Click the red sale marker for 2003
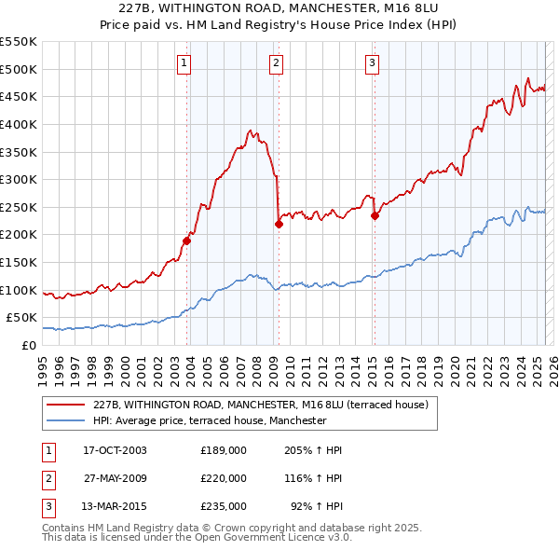186,241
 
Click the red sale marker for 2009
279,223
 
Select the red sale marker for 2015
375,215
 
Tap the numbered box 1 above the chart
184,63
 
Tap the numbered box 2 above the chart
278,63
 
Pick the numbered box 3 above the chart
372,63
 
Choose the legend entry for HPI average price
210,420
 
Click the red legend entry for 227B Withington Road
261,405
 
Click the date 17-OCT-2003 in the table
115,450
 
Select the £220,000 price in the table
223,478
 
